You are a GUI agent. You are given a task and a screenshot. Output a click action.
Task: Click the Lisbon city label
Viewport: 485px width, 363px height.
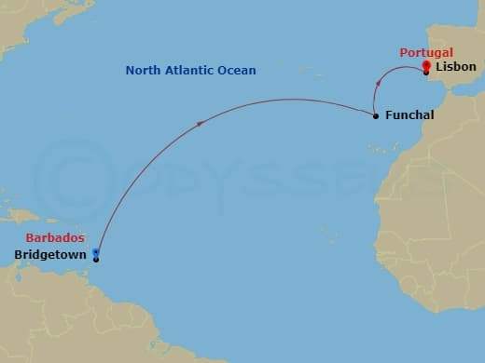tap(455, 67)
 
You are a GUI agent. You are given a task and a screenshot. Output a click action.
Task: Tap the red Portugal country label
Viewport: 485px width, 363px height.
tap(426, 53)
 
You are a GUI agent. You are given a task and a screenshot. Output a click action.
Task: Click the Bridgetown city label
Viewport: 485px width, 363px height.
tap(52, 254)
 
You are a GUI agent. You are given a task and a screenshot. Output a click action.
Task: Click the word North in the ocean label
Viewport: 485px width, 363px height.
tap(145, 71)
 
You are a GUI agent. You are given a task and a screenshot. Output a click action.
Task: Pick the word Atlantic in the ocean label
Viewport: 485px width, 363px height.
tap(193, 71)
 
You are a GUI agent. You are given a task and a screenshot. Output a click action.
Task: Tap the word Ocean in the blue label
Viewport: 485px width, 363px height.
tap(238, 71)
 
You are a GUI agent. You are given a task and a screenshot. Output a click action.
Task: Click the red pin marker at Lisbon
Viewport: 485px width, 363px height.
tap(426, 66)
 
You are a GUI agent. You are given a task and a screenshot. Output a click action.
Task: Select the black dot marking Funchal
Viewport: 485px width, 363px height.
tap(375, 115)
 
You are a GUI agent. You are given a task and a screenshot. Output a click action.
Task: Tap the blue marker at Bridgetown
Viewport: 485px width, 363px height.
tap(96, 253)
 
